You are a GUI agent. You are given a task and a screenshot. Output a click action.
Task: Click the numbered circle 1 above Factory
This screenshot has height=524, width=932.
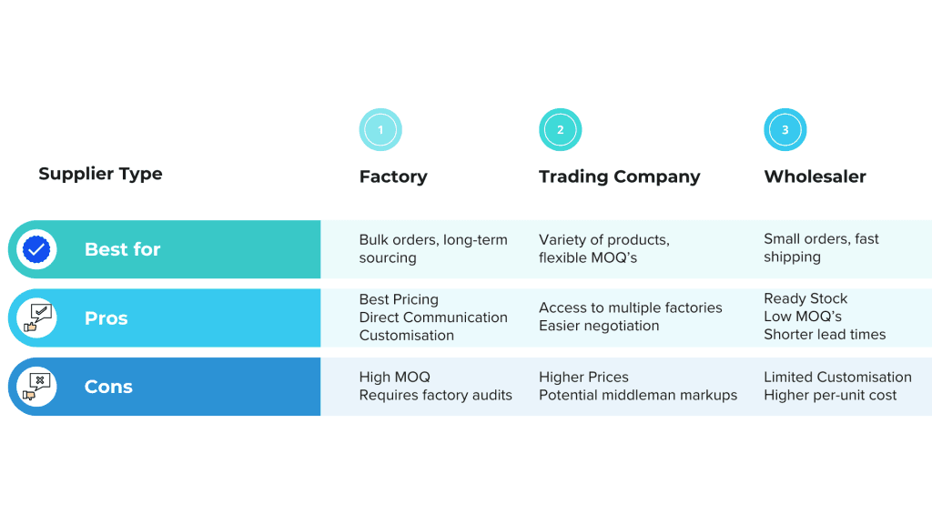click(380, 130)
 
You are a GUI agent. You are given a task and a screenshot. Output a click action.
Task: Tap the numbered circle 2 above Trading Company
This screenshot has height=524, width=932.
click(560, 130)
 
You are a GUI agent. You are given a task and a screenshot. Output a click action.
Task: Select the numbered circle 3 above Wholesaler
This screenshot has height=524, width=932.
click(785, 130)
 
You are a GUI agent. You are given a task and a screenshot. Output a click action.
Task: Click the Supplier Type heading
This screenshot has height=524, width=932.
click(100, 174)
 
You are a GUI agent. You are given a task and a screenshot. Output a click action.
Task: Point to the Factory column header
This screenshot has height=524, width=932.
click(393, 176)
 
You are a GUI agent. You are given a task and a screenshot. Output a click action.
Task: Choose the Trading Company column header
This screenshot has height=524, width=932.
click(619, 176)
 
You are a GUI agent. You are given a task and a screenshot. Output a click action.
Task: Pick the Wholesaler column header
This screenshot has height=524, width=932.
click(815, 176)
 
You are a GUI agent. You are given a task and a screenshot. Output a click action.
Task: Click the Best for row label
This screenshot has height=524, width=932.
click(122, 249)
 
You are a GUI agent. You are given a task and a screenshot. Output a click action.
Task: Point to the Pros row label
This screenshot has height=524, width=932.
click(106, 318)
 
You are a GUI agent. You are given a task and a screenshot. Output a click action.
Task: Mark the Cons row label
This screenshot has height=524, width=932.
click(108, 387)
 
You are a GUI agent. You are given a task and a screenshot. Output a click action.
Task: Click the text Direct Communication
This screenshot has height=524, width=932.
click(433, 317)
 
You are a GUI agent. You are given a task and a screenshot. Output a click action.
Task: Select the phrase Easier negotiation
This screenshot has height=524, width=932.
click(599, 326)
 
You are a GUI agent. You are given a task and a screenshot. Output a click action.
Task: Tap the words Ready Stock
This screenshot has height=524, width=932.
click(805, 298)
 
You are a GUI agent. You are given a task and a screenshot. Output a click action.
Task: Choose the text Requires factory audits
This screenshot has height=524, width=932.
click(435, 395)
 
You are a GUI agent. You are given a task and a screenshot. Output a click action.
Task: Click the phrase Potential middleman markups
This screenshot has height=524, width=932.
click(638, 395)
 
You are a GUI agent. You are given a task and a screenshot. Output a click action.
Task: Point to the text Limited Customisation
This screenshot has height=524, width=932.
click(837, 377)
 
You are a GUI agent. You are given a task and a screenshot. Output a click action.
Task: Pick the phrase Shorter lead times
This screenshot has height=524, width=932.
click(825, 334)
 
